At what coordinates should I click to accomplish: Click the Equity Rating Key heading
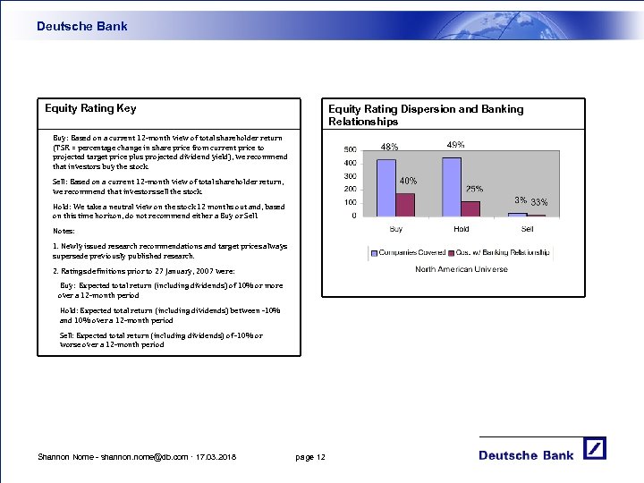coord(91,109)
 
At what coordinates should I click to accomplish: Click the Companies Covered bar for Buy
coord(386,187)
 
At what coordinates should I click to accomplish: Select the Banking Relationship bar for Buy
coord(405,204)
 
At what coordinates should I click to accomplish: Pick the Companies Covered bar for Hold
coord(452,186)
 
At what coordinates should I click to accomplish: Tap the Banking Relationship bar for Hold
coord(470,208)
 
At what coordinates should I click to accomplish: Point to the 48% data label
coord(390,148)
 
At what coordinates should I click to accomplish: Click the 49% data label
coord(455,145)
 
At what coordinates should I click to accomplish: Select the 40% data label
coord(408,182)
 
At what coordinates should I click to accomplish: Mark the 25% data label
coord(475,190)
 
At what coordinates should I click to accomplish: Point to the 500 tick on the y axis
coord(351,149)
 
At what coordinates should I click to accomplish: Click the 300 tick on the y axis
coord(351,176)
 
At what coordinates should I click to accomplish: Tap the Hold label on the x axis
coord(462,229)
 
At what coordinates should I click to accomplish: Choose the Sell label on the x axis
coord(527,229)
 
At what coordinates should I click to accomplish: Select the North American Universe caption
coord(461,269)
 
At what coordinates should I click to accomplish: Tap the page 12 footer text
coord(310,458)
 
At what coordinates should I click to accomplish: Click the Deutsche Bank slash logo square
coord(596,448)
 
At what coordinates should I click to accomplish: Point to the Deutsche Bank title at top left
coord(82,27)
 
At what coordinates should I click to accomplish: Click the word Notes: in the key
coord(64,231)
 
